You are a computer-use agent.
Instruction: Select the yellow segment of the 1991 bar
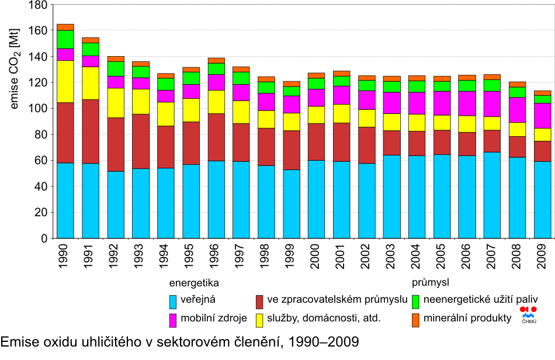point(90,83)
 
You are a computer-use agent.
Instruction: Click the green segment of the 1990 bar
point(65,39)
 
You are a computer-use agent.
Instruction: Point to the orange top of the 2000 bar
point(316,75)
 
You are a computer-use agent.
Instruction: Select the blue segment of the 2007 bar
point(492,195)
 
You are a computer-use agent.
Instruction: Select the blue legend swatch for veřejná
point(173,302)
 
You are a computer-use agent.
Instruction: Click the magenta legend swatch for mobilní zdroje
point(173,320)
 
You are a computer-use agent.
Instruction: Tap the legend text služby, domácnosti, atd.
point(324,319)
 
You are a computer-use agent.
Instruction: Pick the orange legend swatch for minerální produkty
point(415,320)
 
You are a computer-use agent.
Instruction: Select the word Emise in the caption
point(17,341)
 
